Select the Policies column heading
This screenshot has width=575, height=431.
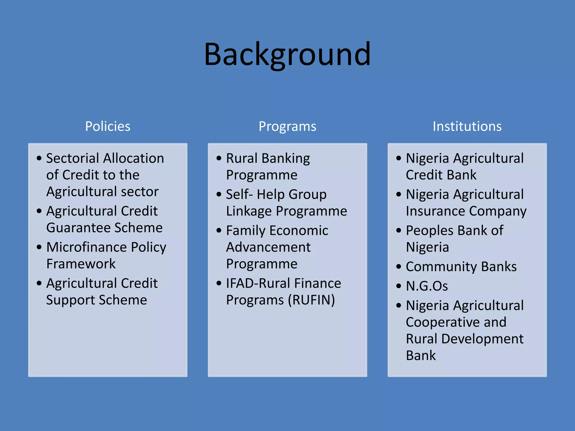pyautogui.click(x=108, y=126)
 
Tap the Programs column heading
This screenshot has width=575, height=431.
pyautogui.click(x=287, y=126)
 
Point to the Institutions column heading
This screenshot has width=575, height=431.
pyautogui.click(x=467, y=126)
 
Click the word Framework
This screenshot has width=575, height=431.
pyautogui.click(x=81, y=264)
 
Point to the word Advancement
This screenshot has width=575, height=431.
pyautogui.click(x=268, y=247)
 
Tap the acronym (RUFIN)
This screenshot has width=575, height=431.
pyautogui.click(x=311, y=300)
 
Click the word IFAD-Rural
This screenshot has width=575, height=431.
pyautogui.click(x=258, y=283)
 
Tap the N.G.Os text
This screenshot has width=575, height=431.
pyautogui.click(x=427, y=286)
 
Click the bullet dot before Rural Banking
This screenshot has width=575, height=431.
pyautogui.click(x=219, y=158)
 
